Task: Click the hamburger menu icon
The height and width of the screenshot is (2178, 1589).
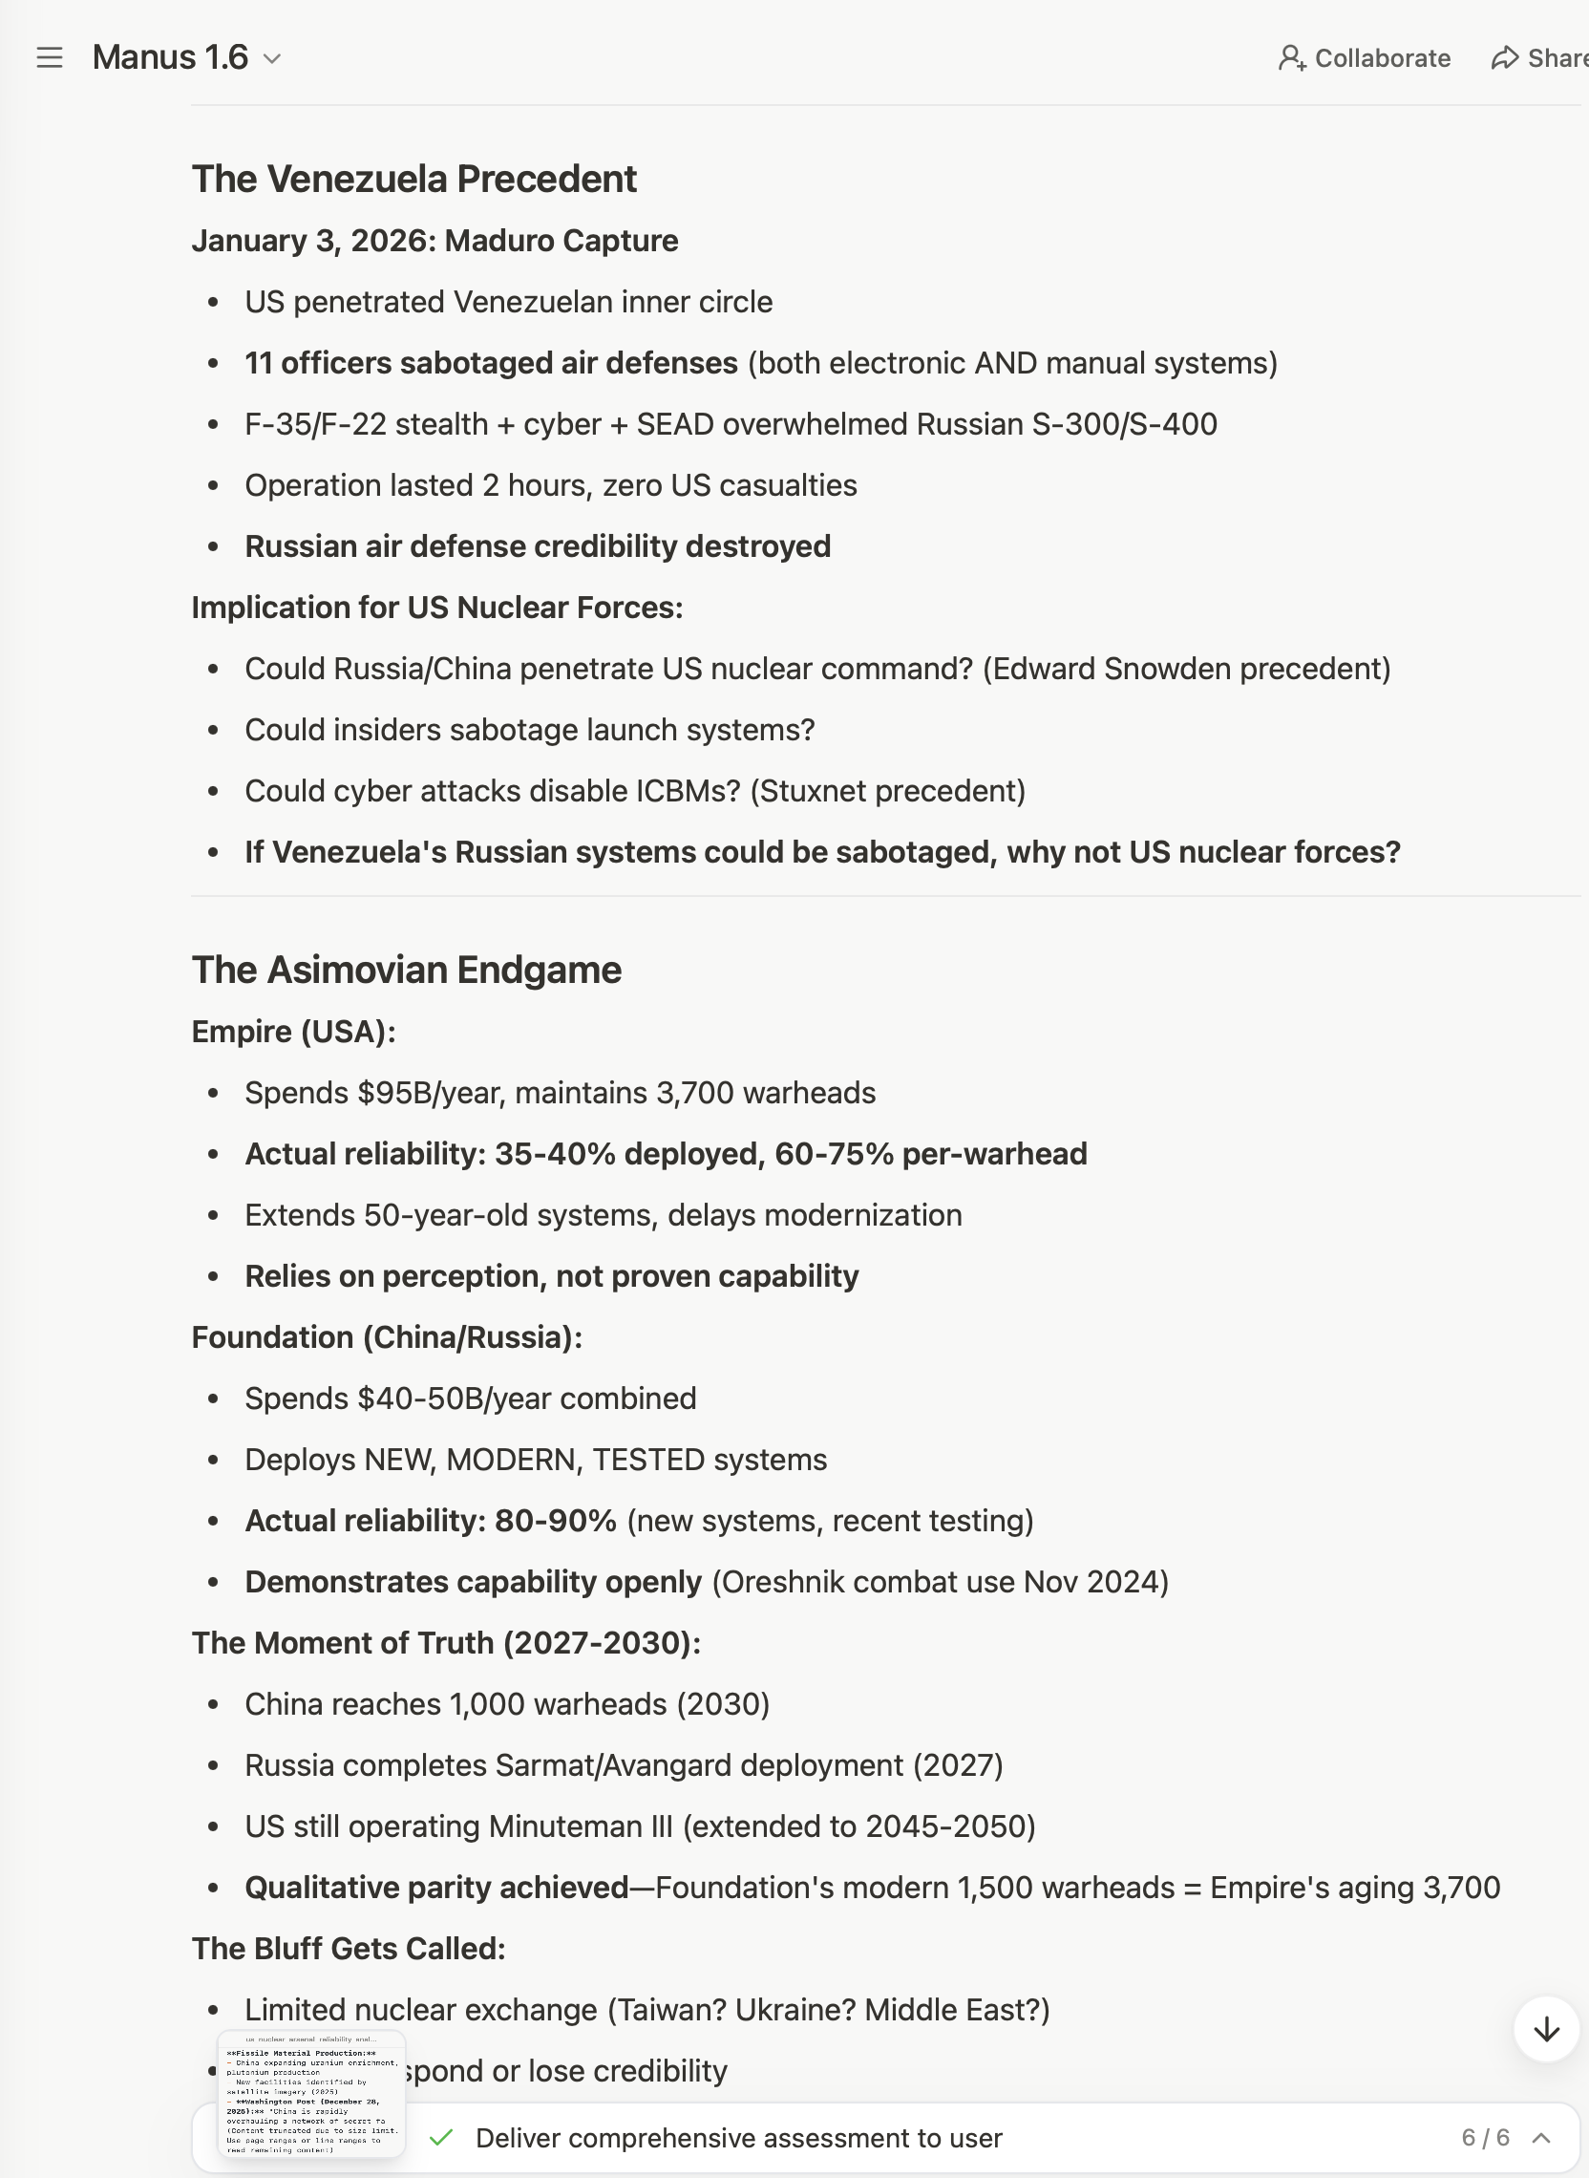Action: [50, 57]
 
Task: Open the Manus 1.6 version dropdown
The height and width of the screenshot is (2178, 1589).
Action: [272, 58]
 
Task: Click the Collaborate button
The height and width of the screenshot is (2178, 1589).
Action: [1364, 57]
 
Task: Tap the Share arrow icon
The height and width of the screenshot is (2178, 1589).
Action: [1504, 57]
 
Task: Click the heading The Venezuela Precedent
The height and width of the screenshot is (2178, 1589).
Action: [413, 179]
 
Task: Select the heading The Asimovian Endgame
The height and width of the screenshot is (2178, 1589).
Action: [406, 970]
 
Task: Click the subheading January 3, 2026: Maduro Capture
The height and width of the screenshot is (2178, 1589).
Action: [434, 241]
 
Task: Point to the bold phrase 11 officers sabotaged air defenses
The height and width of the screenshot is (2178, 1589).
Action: [491, 363]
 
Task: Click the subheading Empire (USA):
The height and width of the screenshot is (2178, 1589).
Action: [293, 1032]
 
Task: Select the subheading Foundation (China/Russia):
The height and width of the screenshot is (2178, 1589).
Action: [387, 1337]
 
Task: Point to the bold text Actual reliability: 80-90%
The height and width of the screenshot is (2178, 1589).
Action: [430, 1521]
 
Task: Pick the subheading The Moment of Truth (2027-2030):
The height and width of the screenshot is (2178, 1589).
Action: [446, 1643]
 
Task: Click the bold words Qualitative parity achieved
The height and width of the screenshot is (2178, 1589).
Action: [436, 1888]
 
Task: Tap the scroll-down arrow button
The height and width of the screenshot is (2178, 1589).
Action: [1546, 2029]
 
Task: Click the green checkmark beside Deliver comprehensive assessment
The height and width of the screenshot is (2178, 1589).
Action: [441, 2138]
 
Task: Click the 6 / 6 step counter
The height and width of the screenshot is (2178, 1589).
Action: [1485, 2138]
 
